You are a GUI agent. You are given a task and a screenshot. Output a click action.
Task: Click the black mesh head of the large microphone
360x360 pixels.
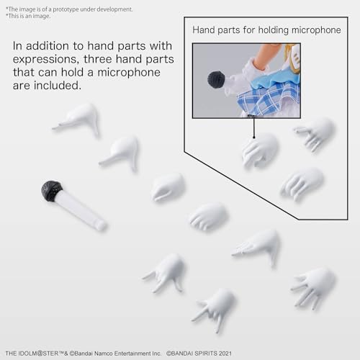[x=52, y=191]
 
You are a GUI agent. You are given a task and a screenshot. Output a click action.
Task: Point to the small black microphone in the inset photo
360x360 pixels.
[x=216, y=80]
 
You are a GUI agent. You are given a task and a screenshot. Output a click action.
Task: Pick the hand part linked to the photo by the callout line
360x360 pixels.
[x=260, y=150]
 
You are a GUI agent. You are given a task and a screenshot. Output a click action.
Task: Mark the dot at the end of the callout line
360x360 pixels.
[x=253, y=138]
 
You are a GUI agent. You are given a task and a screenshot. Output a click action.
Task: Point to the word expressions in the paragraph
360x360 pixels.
[x=46, y=60]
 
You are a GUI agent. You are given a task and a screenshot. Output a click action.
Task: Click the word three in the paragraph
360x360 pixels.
[x=98, y=59]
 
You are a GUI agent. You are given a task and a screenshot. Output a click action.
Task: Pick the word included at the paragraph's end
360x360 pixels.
[x=58, y=86]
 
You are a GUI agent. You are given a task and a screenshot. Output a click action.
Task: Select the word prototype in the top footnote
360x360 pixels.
[x=66, y=9]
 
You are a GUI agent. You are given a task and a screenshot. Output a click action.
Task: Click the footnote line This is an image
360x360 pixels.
[x=28, y=16]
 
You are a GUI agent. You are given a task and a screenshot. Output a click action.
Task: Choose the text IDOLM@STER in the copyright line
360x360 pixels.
[x=42, y=354]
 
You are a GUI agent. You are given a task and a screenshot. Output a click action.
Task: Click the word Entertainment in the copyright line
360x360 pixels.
[x=132, y=354]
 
